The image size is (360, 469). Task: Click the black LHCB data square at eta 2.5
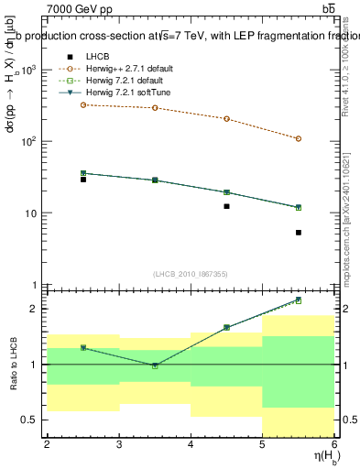click(82, 179)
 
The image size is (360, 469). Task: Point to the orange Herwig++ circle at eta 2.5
click(82, 104)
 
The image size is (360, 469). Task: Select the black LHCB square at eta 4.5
click(226, 206)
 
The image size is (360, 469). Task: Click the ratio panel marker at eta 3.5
click(155, 365)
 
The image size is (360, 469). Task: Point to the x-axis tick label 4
click(191, 444)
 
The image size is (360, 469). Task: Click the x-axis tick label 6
click(334, 444)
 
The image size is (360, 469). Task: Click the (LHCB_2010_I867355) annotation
click(191, 274)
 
